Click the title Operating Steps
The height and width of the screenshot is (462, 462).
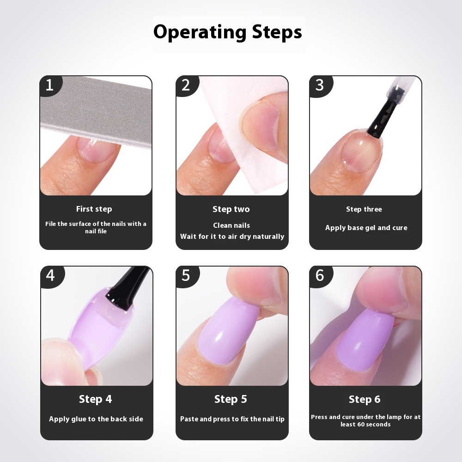[228, 32]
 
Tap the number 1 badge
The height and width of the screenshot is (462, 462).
[49, 85]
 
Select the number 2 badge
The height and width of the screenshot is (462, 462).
[186, 85]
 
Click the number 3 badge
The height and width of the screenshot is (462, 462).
[320, 85]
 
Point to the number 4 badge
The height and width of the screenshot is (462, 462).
[50, 276]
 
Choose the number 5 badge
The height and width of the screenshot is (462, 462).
[186, 276]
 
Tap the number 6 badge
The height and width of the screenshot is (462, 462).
[320, 276]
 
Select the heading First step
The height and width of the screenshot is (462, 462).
[94, 209]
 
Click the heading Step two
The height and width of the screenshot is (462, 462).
[231, 209]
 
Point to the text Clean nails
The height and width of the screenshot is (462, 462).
[231, 225]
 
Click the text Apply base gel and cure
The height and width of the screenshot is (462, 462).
[366, 228]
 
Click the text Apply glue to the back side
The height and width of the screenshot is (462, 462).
[96, 419]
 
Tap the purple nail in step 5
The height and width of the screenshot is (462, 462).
[222, 337]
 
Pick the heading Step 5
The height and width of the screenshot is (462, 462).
[231, 399]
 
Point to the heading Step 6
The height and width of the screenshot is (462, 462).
[365, 399]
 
